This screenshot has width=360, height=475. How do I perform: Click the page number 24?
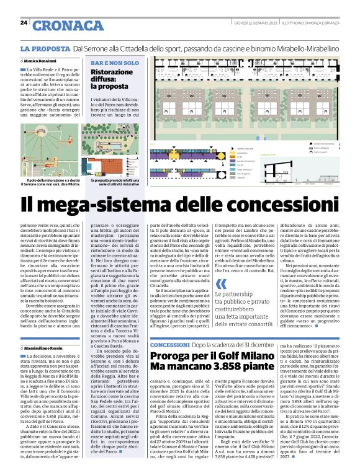[24, 23]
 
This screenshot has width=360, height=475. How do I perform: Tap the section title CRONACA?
[68, 25]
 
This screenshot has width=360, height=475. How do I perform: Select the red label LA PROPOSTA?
[45, 48]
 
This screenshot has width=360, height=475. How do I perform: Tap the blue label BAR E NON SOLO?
[115, 63]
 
